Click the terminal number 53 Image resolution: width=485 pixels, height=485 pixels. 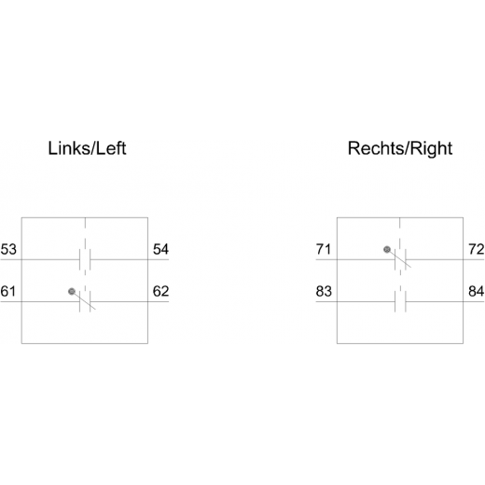tap(8, 249)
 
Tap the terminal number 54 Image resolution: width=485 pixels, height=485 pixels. tap(160, 249)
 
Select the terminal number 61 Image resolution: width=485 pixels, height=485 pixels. tap(8, 291)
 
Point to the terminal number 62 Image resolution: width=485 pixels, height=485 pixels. tap(160, 291)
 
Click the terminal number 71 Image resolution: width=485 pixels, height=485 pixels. tap(324, 249)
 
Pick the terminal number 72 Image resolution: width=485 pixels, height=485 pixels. tap(477, 249)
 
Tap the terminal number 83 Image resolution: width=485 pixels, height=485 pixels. tap(324, 291)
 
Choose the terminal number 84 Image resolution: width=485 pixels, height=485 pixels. tap(477, 291)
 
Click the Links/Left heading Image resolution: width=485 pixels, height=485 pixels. tap(87, 148)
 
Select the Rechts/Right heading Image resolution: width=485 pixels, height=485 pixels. tap(400, 149)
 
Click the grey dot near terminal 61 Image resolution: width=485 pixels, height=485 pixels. tap(72, 291)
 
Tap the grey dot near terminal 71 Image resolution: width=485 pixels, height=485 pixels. tap(387, 249)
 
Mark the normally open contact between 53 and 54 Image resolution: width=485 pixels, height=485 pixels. tap(85, 259)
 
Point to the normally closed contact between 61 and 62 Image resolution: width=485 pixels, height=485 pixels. tap(85, 301)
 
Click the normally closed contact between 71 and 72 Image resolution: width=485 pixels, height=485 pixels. tap(400, 259)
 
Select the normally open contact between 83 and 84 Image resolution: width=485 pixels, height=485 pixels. tap(400, 301)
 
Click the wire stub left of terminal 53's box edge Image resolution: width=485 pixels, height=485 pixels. tap(11, 259)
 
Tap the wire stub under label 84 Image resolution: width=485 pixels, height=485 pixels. tap(474, 301)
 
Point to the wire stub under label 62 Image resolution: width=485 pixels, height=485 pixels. tap(159, 301)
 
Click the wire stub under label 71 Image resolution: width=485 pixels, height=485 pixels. tap(326, 259)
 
